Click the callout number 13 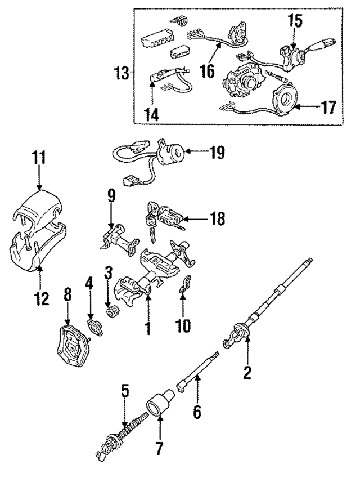click(120, 73)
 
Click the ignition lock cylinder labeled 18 click(166, 216)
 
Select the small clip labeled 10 click(182, 289)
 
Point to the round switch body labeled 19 click(170, 153)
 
